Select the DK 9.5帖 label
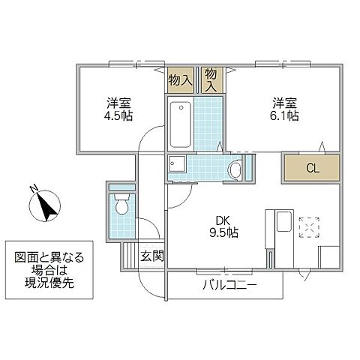click(223, 226)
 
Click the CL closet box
click(311, 167)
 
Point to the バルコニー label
click(229, 286)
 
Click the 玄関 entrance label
click(151, 256)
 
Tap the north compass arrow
click(50, 205)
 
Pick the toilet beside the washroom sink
click(235, 170)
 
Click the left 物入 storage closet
click(181, 77)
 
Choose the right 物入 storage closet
click(211, 78)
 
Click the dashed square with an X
click(308, 226)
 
